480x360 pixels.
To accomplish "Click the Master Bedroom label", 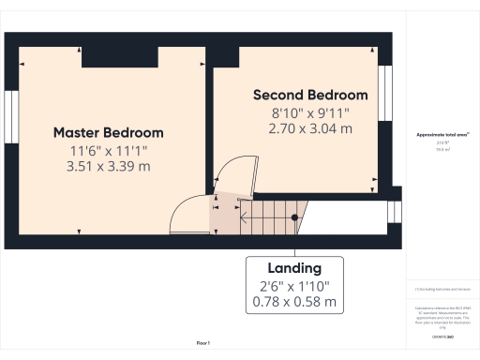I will click(108, 132).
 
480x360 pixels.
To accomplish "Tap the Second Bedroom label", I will click(310, 95).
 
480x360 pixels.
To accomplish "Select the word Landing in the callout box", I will click(294, 268).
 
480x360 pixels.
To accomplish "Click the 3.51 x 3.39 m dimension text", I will click(108, 166).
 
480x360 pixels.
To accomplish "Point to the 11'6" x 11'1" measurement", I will click(108, 150).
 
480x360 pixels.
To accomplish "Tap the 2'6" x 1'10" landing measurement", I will click(294, 286).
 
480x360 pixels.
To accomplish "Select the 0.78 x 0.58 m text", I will click(294, 303).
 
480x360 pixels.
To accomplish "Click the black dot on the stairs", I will click(294, 217).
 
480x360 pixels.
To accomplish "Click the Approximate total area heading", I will click(442, 135).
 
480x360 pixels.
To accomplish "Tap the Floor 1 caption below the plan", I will click(203, 343).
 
